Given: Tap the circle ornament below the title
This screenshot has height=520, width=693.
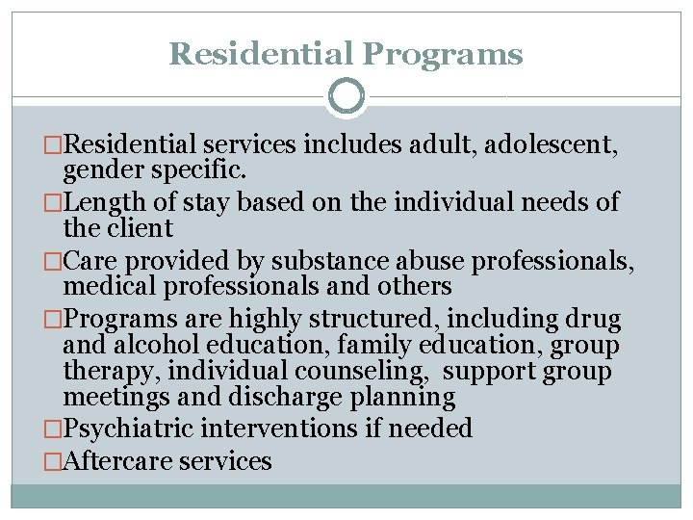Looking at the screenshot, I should (x=346, y=96).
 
